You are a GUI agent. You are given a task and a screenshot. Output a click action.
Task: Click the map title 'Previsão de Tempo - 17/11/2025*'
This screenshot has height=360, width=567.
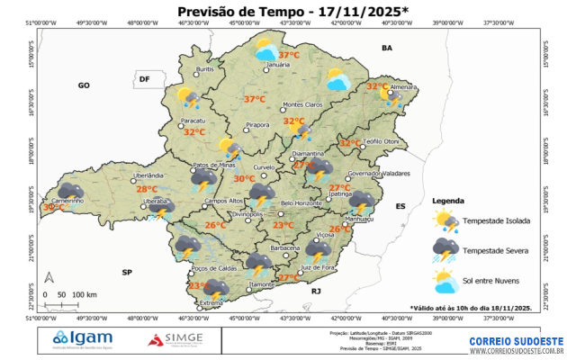[292, 11]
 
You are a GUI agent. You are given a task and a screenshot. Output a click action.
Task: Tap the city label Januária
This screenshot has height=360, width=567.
[278, 66]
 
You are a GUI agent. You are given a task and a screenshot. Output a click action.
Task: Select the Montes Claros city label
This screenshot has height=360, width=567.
[302, 104]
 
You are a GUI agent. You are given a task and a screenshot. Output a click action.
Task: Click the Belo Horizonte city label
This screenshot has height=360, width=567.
[301, 203]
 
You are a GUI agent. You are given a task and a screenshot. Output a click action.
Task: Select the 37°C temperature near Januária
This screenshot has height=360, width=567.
[276, 55]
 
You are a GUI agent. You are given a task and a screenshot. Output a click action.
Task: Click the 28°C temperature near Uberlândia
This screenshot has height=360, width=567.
[147, 189]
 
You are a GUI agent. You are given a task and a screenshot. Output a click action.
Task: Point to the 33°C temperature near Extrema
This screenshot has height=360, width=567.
[199, 285]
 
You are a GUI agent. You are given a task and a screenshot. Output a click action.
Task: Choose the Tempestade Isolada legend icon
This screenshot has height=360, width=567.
[445, 220]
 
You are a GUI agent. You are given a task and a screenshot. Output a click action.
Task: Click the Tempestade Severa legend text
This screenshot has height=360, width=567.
[496, 249]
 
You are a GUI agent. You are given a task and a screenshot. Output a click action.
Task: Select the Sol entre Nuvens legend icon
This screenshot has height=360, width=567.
[445, 283]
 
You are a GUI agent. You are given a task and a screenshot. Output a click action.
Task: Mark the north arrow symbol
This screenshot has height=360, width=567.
[50, 278]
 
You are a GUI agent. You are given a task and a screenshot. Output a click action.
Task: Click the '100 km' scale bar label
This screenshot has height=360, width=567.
[85, 294]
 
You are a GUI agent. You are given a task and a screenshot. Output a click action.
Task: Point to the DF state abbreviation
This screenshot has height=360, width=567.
[143, 80]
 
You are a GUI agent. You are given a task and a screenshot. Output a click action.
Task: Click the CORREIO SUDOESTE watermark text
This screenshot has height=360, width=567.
[516, 341]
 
